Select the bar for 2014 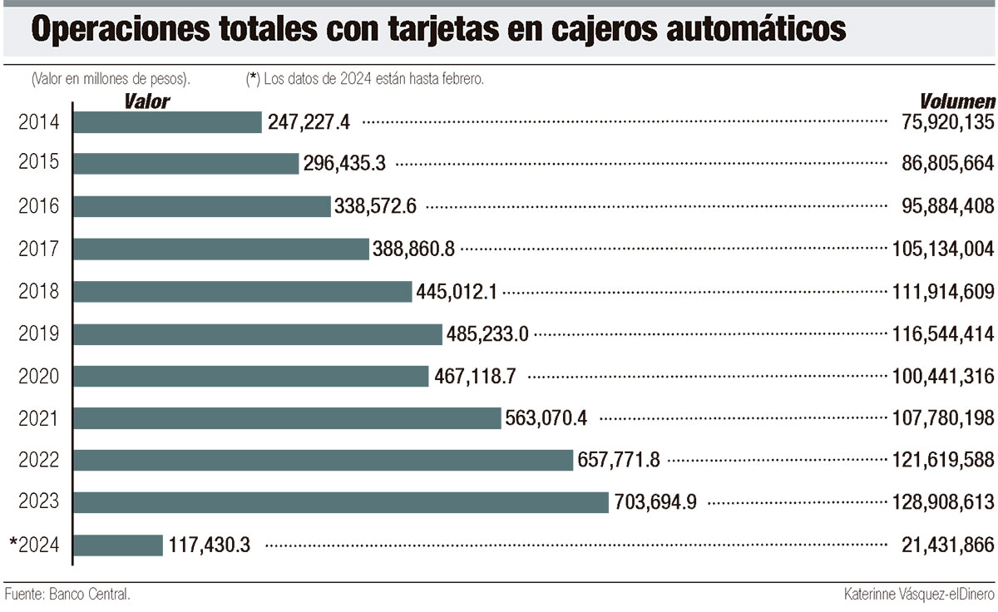(x=168, y=122)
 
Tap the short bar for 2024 (x=118, y=545)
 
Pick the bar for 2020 (x=251, y=376)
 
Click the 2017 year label (x=38, y=249)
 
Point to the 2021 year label (x=38, y=418)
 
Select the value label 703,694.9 (x=655, y=502)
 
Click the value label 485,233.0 (x=488, y=334)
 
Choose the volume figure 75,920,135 (x=947, y=122)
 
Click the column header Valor (x=147, y=101)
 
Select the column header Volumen (x=957, y=101)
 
